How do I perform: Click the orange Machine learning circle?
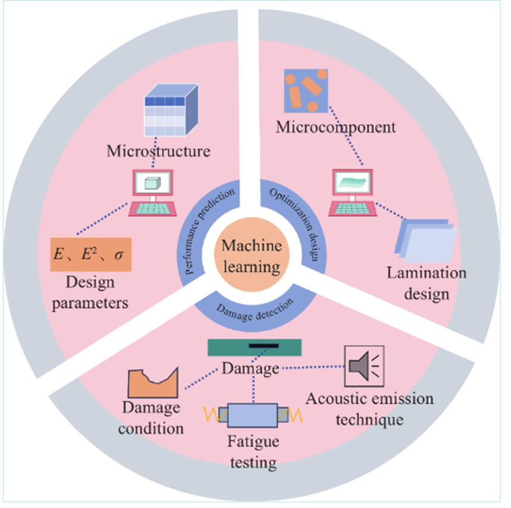tap(252, 254)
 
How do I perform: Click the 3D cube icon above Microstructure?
tap(171, 110)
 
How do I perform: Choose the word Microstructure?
tap(158, 151)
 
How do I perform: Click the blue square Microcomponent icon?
tap(306, 91)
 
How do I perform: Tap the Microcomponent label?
tap(336, 128)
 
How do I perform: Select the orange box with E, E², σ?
tap(91, 254)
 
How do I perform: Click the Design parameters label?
tap(90, 292)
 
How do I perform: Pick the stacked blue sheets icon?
tap(426, 241)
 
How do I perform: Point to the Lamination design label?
tap(427, 283)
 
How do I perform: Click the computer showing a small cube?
tap(153, 193)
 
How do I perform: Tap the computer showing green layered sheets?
tap(353, 193)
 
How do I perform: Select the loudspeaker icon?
tap(364, 366)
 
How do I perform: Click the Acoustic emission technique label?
tap(369, 409)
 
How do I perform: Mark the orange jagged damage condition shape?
tap(153, 383)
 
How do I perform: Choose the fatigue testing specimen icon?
tap(253, 415)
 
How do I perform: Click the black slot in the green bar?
tap(264, 346)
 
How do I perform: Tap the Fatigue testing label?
tap(253, 452)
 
